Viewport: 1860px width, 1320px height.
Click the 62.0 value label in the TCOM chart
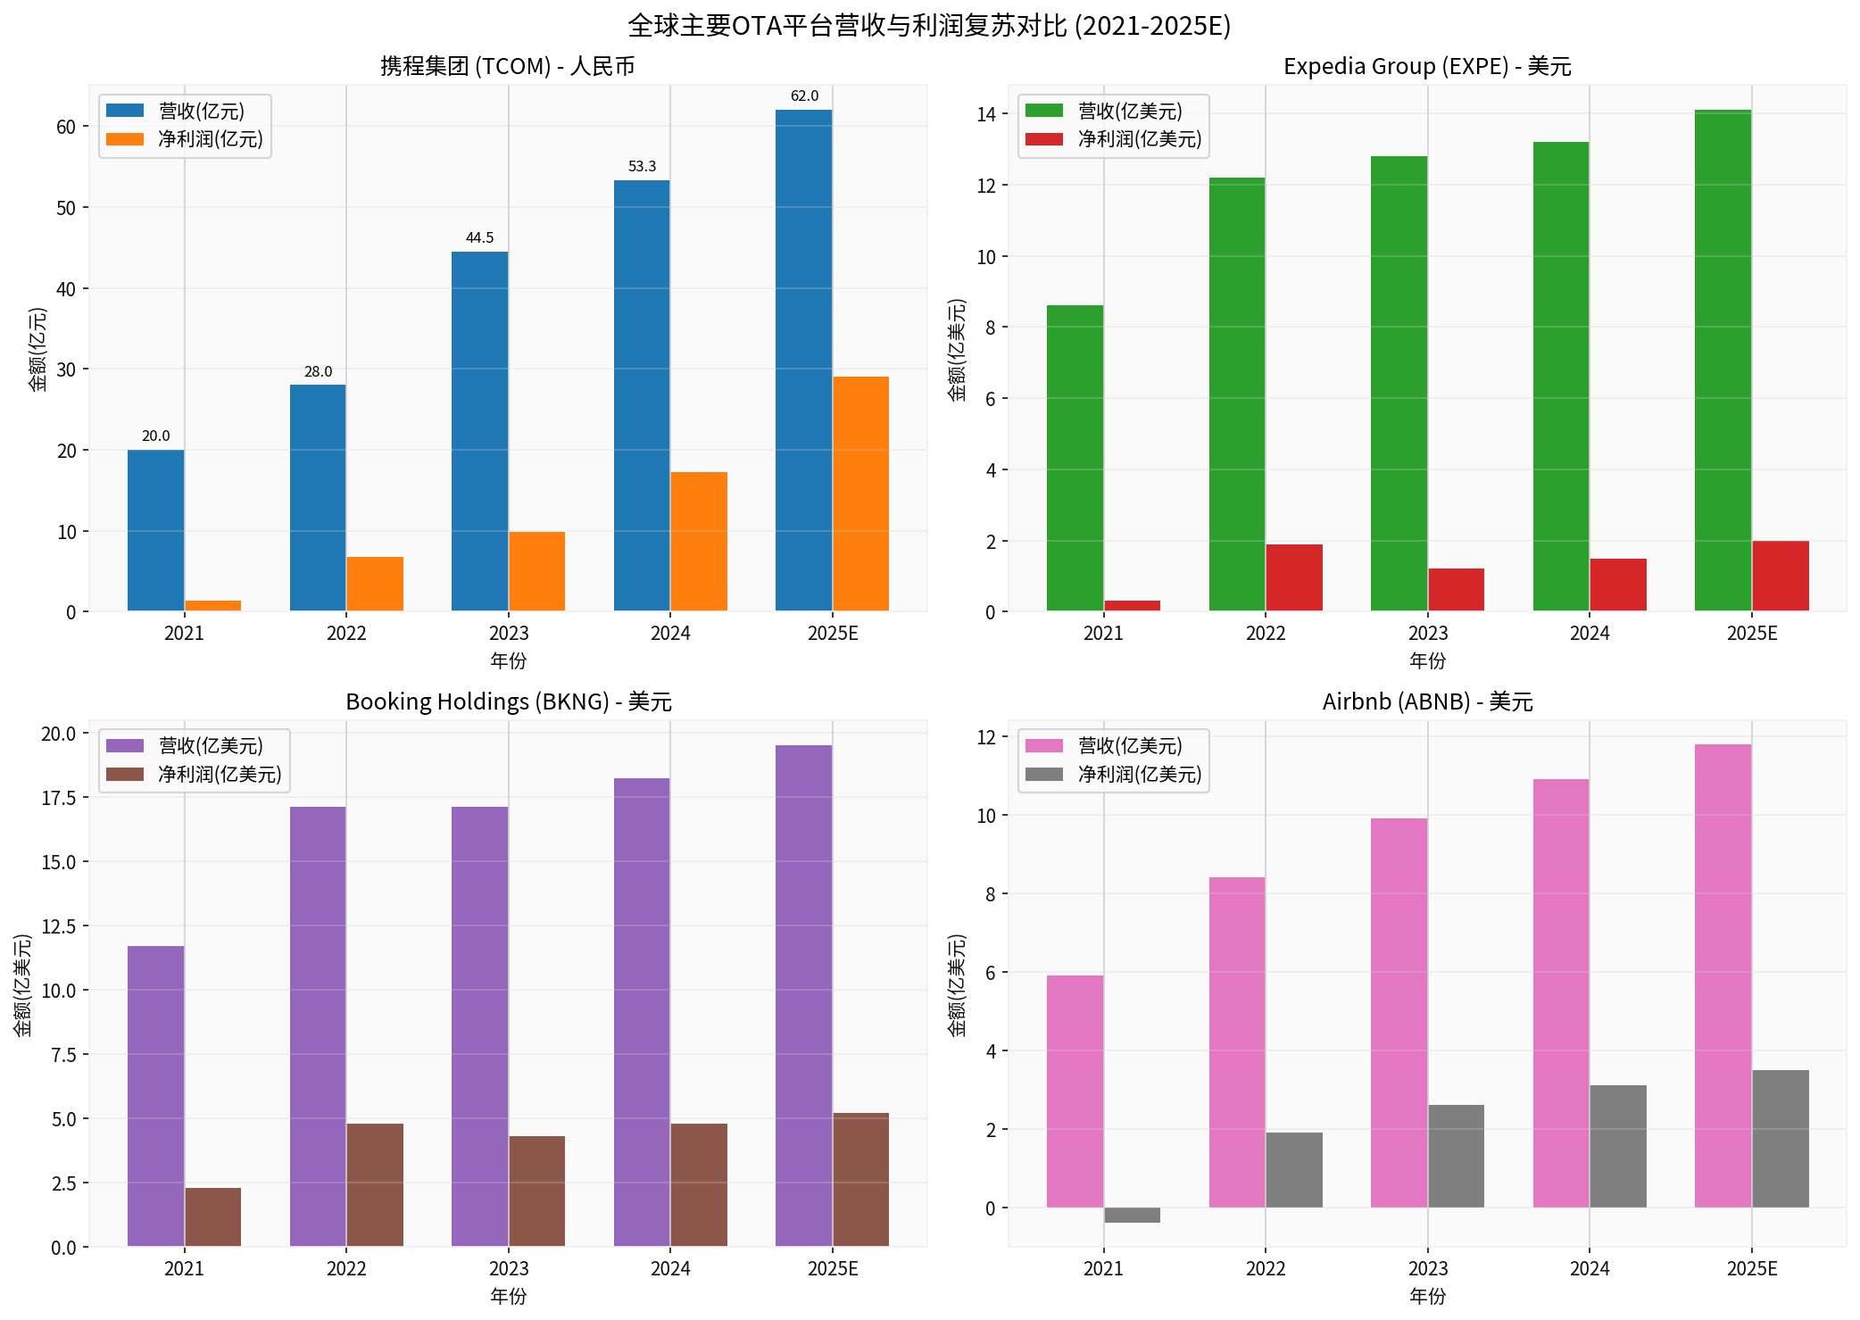tap(804, 96)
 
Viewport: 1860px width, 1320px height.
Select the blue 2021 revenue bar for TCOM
tap(155, 530)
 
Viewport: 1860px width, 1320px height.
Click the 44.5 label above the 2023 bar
tap(479, 238)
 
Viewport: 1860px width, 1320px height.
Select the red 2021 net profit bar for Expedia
tap(1132, 606)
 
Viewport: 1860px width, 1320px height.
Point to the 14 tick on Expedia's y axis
tap(986, 114)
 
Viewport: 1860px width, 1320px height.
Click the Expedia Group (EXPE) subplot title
tap(1427, 67)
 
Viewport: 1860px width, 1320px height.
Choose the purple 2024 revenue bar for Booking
tap(642, 1012)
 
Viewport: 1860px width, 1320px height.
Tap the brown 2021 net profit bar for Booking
tap(212, 1216)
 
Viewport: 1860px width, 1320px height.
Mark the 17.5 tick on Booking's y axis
tap(59, 798)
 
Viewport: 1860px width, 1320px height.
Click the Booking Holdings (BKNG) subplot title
tap(508, 702)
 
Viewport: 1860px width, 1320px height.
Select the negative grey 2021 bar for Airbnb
tap(1132, 1215)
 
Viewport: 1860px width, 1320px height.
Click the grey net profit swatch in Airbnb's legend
tap(1044, 774)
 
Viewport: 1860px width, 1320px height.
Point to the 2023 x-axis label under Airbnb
tap(1427, 1268)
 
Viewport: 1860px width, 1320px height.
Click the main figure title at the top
tap(929, 25)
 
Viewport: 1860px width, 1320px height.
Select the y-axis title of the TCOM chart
tap(37, 349)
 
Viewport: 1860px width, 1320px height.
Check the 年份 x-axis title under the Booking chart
tap(508, 1296)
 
